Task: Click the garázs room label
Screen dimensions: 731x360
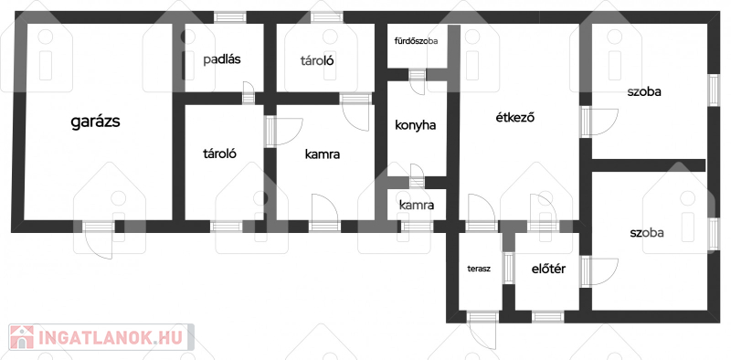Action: coord(96,122)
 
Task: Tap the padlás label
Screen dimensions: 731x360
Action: coord(222,59)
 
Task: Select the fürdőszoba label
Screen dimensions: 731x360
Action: coord(416,41)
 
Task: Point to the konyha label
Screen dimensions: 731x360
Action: coord(416,125)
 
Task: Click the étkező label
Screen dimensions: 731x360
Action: coord(514,118)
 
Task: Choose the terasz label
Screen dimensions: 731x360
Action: coord(479,269)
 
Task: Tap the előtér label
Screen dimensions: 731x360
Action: coord(549,269)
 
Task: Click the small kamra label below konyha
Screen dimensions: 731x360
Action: coord(417,205)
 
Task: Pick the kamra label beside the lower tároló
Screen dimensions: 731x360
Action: coord(323,154)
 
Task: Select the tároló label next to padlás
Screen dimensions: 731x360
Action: coord(317,60)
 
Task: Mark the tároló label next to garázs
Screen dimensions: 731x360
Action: coord(220,154)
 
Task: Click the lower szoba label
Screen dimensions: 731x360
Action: coord(647,233)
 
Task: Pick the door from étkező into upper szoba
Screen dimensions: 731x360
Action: coord(601,122)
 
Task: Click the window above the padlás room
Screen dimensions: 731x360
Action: coord(230,17)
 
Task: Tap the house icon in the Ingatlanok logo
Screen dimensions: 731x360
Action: coord(21,337)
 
